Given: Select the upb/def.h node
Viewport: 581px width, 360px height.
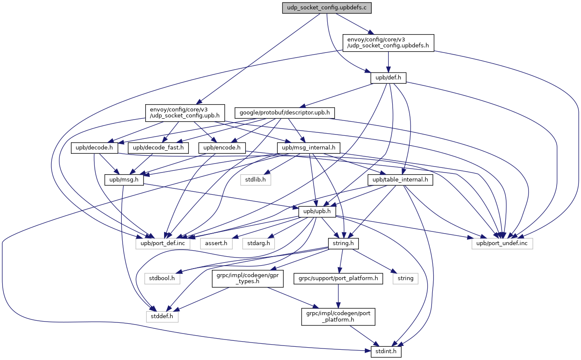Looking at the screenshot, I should pyautogui.click(x=388, y=78).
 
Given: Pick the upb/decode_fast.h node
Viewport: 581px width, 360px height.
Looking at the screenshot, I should pyautogui.click(x=158, y=148).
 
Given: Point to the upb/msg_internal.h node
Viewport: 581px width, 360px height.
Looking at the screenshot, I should pyautogui.click(x=308, y=148).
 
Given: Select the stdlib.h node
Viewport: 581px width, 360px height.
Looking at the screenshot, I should pyautogui.click(x=255, y=180).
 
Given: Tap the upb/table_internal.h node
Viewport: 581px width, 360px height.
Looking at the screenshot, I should pyautogui.click(x=400, y=180).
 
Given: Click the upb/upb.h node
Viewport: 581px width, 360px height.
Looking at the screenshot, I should pyautogui.click(x=317, y=212).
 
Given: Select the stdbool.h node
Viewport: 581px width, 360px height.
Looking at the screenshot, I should pyautogui.click(x=162, y=278).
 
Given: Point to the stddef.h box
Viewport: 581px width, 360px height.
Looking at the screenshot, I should pyautogui.click(x=162, y=316).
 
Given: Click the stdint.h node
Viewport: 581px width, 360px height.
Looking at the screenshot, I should pyautogui.click(x=384, y=352).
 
